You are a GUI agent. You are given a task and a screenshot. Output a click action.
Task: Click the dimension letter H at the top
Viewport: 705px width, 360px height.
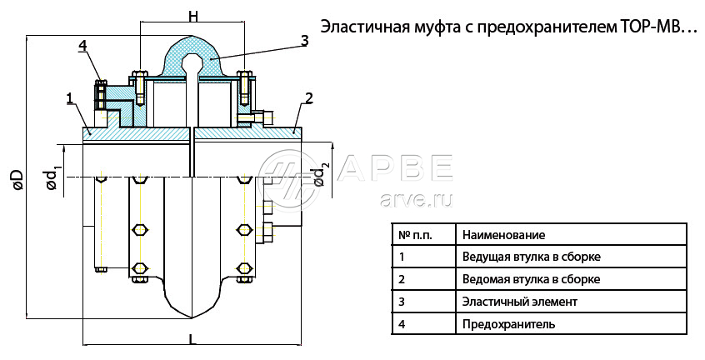point(192,16)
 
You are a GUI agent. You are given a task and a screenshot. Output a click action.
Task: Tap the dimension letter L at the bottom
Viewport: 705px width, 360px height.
point(192,338)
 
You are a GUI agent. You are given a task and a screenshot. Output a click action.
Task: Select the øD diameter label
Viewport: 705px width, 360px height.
point(16,179)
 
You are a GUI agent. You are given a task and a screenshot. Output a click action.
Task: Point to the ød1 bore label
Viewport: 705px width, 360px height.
point(53,177)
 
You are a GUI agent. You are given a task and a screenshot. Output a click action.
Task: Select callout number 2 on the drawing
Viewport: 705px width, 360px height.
point(308,98)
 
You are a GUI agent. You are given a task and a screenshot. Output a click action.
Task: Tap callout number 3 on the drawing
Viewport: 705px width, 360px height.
point(304,40)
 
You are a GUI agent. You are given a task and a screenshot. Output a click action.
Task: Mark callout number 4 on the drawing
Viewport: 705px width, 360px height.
point(83,45)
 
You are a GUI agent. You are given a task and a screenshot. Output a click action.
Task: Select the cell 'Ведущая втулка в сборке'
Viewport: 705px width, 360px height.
point(531,257)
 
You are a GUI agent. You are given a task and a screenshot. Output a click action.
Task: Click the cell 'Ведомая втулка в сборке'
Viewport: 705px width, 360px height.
point(531,279)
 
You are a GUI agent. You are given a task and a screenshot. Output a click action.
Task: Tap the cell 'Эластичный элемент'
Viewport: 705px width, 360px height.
point(519,301)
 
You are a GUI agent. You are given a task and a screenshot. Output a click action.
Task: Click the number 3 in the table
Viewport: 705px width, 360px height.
point(402,301)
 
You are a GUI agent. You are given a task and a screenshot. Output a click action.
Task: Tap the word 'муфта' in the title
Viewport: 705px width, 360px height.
point(437,27)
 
